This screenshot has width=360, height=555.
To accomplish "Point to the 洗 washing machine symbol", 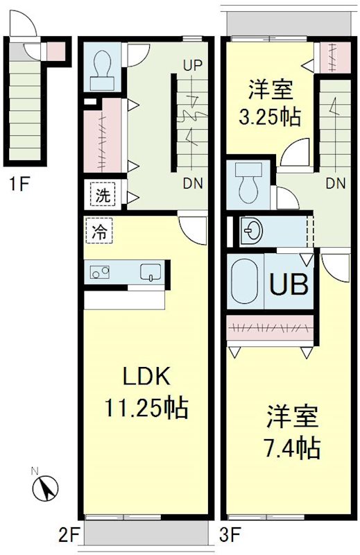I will (102, 196).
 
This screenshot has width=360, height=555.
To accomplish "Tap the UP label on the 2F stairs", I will (192, 66).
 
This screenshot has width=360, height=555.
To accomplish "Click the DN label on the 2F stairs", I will (194, 184).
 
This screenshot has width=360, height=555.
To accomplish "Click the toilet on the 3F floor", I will (246, 182).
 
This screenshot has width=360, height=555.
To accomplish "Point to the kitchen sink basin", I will (151, 272).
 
